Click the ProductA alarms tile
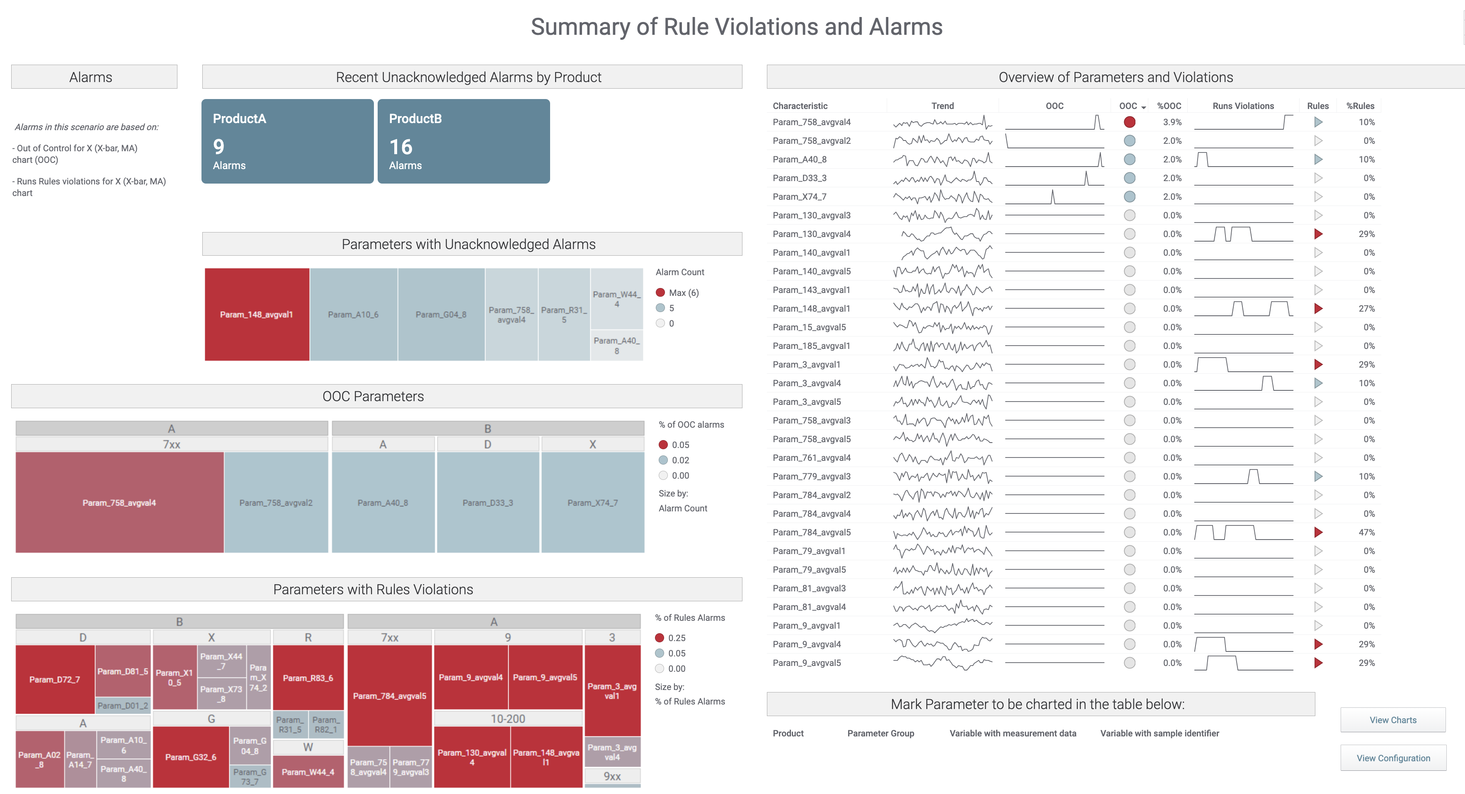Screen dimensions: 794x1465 pos(287,141)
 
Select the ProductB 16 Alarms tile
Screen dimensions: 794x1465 pos(463,141)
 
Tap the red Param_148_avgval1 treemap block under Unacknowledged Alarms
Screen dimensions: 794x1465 pos(257,314)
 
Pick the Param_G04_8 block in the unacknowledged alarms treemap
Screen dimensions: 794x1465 pos(441,314)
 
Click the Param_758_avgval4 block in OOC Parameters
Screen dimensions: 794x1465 pos(119,502)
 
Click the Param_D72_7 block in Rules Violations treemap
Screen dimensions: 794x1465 pos(55,679)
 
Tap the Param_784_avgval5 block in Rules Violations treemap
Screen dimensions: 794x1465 pos(390,696)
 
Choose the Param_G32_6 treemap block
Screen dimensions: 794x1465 pos(191,757)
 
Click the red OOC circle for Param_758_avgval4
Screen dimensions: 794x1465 pos(1130,122)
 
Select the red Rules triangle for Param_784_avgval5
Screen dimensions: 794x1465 pos(1318,532)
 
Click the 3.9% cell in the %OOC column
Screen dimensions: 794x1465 pos(1172,122)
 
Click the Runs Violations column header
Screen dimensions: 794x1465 pos(1243,106)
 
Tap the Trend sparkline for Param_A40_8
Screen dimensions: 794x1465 pos(942,160)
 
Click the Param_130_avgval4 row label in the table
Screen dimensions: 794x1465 pos(812,234)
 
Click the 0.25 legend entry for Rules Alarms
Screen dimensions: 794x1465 pos(676,638)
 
